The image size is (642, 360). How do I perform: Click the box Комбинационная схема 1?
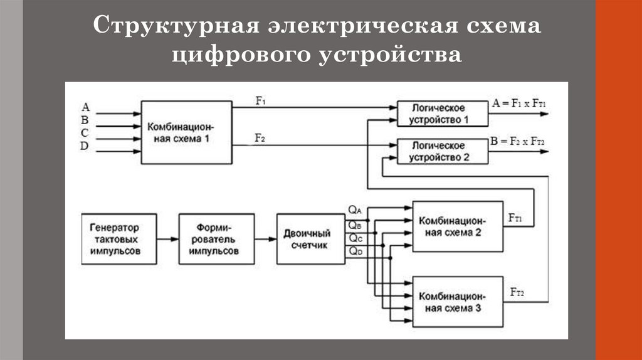pyautogui.click(x=187, y=132)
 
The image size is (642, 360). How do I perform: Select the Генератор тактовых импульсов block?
pyautogui.click(x=119, y=239)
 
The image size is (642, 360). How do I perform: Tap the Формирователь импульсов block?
pyautogui.click(x=216, y=239)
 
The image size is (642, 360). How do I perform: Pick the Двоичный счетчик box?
pyautogui.click(x=311, y=239)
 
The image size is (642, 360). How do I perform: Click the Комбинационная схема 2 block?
pyautogui.click(x=458, y=226)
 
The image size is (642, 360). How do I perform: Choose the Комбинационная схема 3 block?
pyautogui.click(x=458, y=302)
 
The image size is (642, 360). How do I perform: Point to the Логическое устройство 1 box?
pyautogui.click(x=443, y=114)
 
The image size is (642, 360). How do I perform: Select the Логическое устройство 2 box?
pyautogui.click(x=443, y=152)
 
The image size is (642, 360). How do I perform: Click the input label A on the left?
pyautogui.click(x=85, y=107)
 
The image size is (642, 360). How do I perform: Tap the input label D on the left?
pyautogui.click(x=85, y=146)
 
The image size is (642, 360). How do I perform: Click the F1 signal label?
pyautogui.click(x=260, y=100)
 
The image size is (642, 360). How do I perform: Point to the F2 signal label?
pyautogui.click(x=260, y=138)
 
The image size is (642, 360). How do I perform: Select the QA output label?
pyautogui.click(x=355, y=209)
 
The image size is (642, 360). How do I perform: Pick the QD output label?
pyautogui.click(x=355, y=251)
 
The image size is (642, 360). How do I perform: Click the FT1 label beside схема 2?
pyautogui.click(x=515, y=218)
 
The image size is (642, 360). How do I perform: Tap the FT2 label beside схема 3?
pyautogui.click(x=517, y=292)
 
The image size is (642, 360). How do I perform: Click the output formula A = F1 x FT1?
pyautogui.click(x=518, y=103)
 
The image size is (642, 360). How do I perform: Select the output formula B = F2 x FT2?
pyautogui.click(x=517, y=142)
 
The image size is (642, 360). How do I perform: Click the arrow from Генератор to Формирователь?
pyautogui.click(x=168, y=239)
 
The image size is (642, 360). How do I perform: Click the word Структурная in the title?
pyautogui.click(x=176, y=25)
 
